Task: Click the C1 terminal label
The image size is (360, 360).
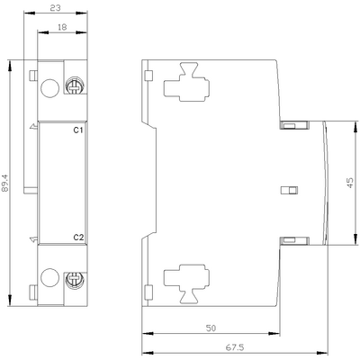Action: click(x=78, y=131)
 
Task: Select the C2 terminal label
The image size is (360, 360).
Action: click(x=78, y=238)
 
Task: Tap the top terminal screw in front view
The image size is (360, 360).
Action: click(x=76, y=88)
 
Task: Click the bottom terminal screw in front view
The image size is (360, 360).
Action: click(x=76, y=279)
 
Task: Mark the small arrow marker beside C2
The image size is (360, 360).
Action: click(x=33, y=239)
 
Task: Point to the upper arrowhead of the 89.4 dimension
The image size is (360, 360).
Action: click(x=8, y=64)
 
